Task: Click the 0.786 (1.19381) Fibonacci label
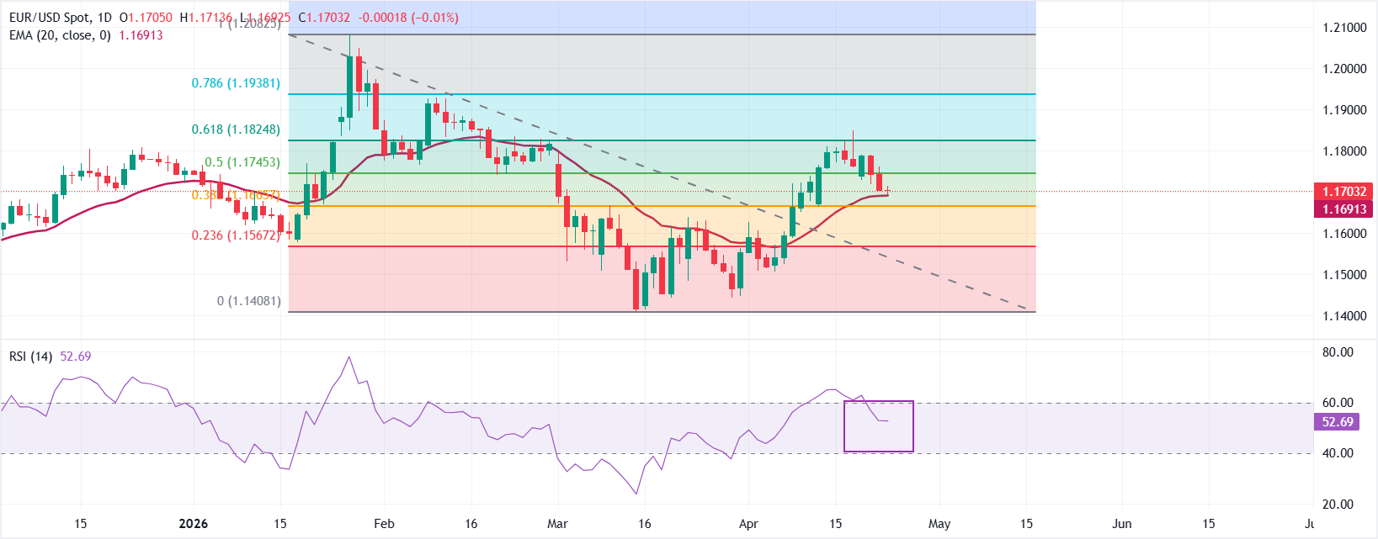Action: click(x=236, y=83)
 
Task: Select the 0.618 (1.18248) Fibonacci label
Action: click(x=236, y=129)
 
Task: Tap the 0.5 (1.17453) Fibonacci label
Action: click(x=242, y=162)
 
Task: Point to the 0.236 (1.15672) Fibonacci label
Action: click(x=236, y=235)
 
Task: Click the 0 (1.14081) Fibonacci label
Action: click(x=249, y=301)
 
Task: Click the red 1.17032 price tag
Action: click(x=1343, y=192)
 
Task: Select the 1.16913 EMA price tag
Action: click(x=1343, y=209)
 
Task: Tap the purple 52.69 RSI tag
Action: click(x=1338, y=422)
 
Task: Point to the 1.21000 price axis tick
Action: click(x=1344, y=28)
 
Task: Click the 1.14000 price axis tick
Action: click(x=1344, y=316)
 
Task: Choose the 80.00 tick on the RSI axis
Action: click(x=1338, y=352)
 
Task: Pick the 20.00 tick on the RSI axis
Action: click(x=1338, y=505)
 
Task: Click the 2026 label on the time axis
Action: click(x=194, y=524)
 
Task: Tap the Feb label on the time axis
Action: click(x=384, y=524)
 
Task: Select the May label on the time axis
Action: click(x=939, y=524)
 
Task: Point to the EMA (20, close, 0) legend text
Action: click(x=60, y=35)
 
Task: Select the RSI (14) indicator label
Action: click(x=30, y=357)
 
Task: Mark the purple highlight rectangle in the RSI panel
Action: click(x=878, y=426)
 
